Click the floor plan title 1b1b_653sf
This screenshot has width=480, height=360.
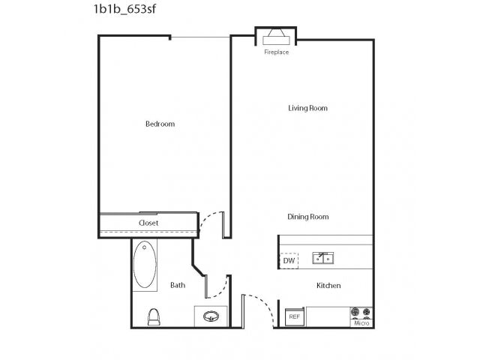(x=124, y=8)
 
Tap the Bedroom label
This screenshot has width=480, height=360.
(x=160, y=124)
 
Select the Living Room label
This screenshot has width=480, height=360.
(x=307, y=108)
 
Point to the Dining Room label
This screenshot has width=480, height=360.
(x=308, y=217)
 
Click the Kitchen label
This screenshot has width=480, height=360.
(x=328, y=286)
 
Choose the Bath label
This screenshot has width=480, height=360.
(x=178, y=285)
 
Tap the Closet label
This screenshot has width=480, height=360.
(x=148, y=223)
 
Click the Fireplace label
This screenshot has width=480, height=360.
(x=277, y=52)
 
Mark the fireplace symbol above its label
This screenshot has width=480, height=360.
(x=276, y=37)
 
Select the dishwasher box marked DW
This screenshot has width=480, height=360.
(x=289, y=261)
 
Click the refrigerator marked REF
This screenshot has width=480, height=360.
(x=295, y=316)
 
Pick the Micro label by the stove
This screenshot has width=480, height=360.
(x=361, y=323)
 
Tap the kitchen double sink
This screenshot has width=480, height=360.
(x=323, y=258)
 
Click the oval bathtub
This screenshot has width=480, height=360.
(x=145, y=264)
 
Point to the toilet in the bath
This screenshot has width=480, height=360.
(x=154, y=316)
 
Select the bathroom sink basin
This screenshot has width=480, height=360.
(x=211, y=316)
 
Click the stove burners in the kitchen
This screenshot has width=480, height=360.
(x=361, y=313)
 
